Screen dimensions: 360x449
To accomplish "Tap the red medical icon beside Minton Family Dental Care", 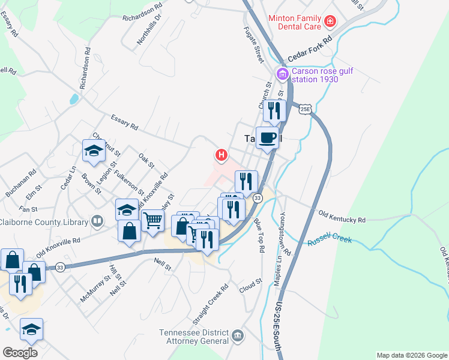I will click(x=330, y=22).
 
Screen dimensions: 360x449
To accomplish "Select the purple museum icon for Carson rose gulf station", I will click(x=282, y=74).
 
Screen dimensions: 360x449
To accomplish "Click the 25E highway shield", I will click(x=306, y=109).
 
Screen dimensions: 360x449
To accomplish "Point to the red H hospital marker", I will click(x=221, y=155).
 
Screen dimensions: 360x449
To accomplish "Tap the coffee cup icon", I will click(x=267, y=137).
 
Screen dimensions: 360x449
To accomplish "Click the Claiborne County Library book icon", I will click(x=97, y=222).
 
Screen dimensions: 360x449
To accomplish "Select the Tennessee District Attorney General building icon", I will click(x=238, y=334).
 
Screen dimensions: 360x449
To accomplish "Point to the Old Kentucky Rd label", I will click(x=342, y=217).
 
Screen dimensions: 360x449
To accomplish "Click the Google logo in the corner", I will click(x=20, y=353).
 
